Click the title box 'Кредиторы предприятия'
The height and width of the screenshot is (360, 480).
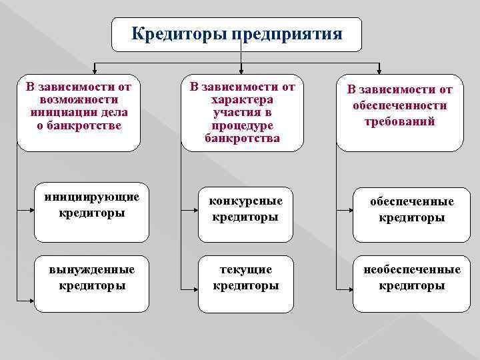237,34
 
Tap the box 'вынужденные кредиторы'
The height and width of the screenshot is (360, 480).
91,284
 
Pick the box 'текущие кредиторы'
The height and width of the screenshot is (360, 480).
245,284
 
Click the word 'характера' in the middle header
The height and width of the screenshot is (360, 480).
242,99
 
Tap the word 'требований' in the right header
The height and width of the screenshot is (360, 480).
399,121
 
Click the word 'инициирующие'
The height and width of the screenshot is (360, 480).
91,197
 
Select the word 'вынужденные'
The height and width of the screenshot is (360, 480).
91,270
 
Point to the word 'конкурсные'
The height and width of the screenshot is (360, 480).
245,201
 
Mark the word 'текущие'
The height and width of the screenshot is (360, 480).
245,270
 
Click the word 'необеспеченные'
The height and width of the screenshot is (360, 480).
412,270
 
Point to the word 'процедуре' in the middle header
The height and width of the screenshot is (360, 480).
242,125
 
